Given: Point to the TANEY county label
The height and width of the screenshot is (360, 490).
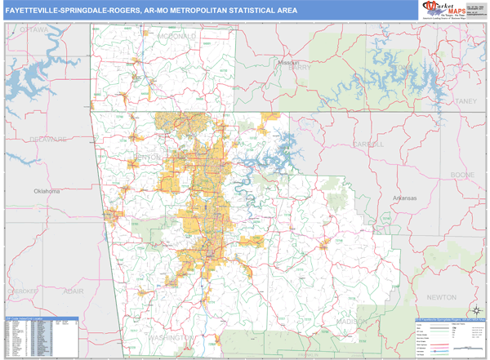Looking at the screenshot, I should (465, 100).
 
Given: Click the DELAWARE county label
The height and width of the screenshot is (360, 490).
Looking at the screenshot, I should (48, 140).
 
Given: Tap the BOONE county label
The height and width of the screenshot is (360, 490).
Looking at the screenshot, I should (462, 175).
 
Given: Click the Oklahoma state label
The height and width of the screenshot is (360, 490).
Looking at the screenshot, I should (47, 191).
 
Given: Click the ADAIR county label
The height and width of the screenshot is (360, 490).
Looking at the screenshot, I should (74, 291).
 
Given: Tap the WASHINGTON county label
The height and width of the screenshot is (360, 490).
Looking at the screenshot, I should (172, 336).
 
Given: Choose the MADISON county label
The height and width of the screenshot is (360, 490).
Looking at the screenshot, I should (351, 322).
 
